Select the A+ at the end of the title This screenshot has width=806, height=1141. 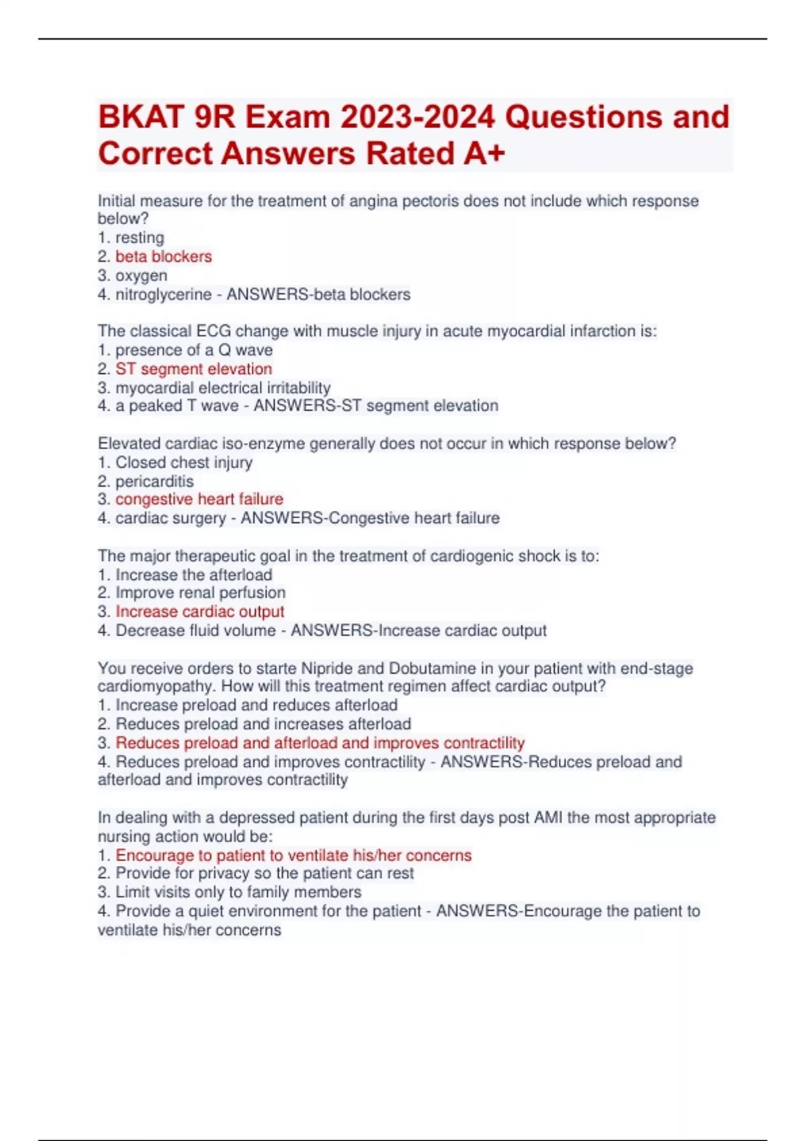coord(484,154)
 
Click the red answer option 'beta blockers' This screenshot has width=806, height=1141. coord(163,256)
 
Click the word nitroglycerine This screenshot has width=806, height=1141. coord(163,294)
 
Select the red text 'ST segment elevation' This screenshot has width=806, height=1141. coord(193,368)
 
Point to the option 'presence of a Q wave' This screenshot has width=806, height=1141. coord(193,350)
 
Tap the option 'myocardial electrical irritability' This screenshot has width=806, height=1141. coord(222,387)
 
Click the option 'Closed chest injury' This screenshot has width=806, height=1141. coord(183,462)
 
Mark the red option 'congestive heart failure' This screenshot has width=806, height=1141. coord(199,499)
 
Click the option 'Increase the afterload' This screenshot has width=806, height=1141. coord(193,575)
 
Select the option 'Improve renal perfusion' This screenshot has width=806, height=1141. coord(200,593)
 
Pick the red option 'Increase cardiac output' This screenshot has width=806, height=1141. coord(199,611)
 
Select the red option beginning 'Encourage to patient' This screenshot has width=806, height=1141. coord(293,855)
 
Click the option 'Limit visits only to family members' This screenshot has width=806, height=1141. coord(238,892)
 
